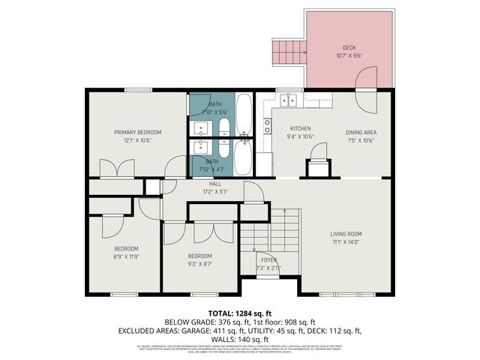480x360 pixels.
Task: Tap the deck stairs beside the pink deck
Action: pyautogui.click(x=288, y=52)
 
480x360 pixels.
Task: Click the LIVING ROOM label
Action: pyautogui.click(x=346, y=233)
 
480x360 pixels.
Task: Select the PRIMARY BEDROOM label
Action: pyautogui.click(x=137, y=132)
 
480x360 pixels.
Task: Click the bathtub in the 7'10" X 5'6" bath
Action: pyautogui.click(x=244, y=112)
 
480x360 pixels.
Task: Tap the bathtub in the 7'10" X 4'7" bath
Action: pyautogui.click(x=244, y=157)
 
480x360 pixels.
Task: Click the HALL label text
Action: pyautogui.click(x=215, y=183)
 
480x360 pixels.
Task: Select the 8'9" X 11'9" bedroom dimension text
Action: pyautogui.click(x=126, y=256)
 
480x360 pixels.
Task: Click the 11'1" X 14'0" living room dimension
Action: pyautogui.click(x=346, y=241)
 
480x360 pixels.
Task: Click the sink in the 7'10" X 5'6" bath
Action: pyautogui.click(x=202, y=127)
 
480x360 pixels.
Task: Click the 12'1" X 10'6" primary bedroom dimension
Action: pyautogui.click(x=137, y=140)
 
